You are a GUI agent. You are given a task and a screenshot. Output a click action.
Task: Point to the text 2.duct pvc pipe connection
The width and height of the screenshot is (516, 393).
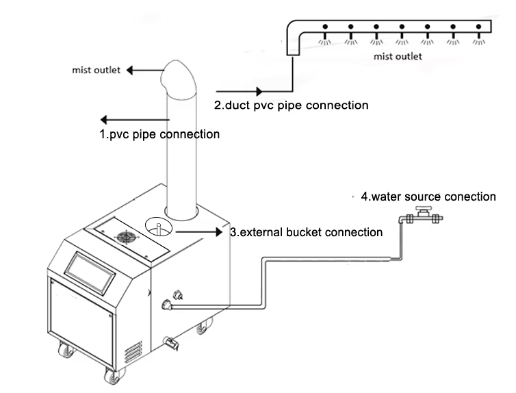pyautogui.click(x=292, y=105)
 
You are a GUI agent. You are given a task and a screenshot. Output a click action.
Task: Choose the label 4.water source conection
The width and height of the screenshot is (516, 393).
pyautogui.click(x=428, y=196)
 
